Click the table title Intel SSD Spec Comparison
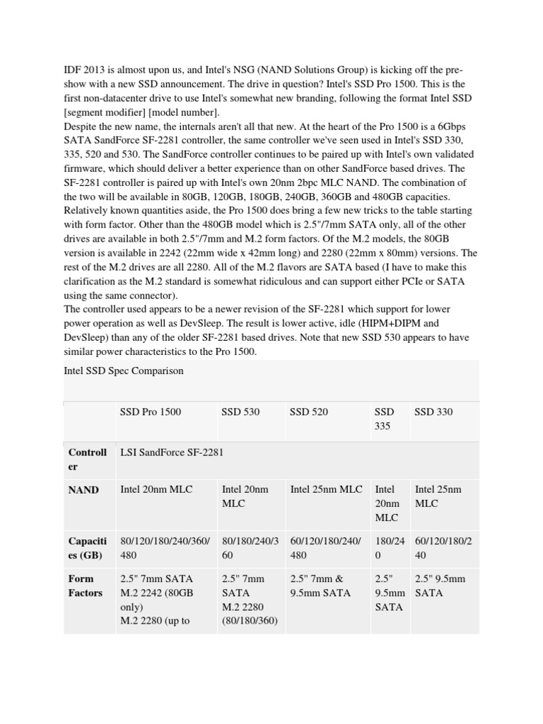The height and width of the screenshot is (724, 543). point(124,370)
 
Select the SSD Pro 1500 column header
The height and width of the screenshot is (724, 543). point(151,411)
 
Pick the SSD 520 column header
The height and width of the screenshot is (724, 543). point(309,411)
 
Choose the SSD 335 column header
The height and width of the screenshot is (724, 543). point(385,419)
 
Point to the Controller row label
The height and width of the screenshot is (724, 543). point(87,459)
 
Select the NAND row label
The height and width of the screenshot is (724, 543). point(83,489)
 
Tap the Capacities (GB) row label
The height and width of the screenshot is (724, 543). point(87,548)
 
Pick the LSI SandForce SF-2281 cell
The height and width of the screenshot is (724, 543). point(172,452)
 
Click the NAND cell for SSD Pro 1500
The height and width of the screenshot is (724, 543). point(156,489)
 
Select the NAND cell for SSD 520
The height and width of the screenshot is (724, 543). point(326,489)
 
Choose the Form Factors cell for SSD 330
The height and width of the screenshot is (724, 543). point(440,585)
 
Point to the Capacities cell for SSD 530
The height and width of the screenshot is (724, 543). point(250,548)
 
